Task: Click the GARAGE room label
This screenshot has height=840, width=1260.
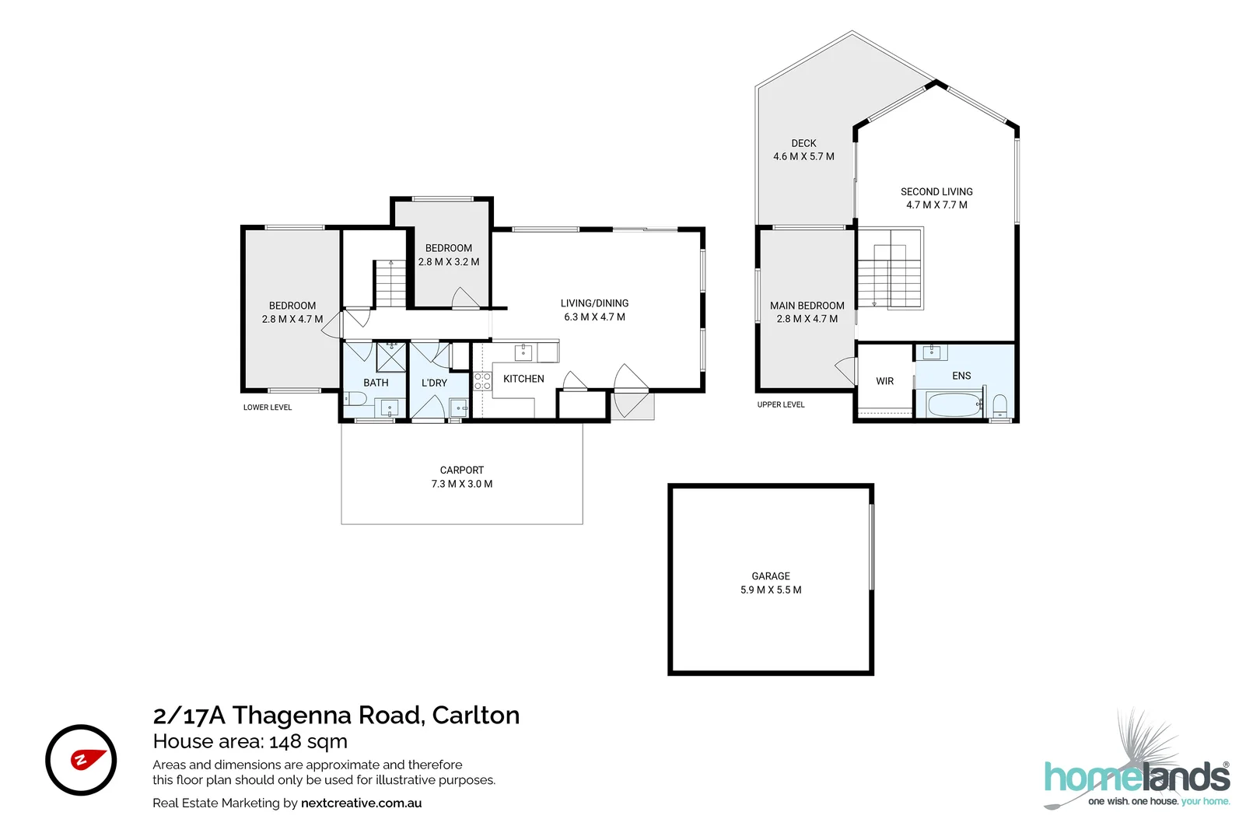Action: coord(770,576)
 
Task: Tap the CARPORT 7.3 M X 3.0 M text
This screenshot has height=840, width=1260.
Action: coord(462,477)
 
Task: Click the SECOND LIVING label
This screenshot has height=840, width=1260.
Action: coord(936,192)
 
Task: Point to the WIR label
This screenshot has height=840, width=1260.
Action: coord(884,381)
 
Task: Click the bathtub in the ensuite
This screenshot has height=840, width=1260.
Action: coord(953,404)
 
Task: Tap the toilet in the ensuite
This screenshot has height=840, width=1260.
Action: coord(1000,404)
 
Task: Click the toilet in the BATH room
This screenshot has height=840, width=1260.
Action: coord(356,399)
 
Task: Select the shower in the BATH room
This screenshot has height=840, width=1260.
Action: coord(391,357)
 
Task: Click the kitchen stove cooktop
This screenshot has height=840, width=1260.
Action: coord(482,380)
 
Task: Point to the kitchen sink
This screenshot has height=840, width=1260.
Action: coord(523,352)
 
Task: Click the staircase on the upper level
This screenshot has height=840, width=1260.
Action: coord(890,276)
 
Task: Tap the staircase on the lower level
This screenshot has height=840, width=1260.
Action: coord(390,284)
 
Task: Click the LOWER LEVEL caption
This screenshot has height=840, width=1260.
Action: coord(268,408)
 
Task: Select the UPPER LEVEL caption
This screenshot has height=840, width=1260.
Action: coord(781,404)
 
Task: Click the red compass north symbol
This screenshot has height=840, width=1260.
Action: coord(81,760)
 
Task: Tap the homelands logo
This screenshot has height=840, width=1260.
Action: coord(1137,778)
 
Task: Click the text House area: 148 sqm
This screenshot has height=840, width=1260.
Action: coord(250,741)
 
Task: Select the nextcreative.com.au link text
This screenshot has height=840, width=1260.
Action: coord(361,803)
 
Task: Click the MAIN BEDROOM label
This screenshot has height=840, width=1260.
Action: coord(807,306)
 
